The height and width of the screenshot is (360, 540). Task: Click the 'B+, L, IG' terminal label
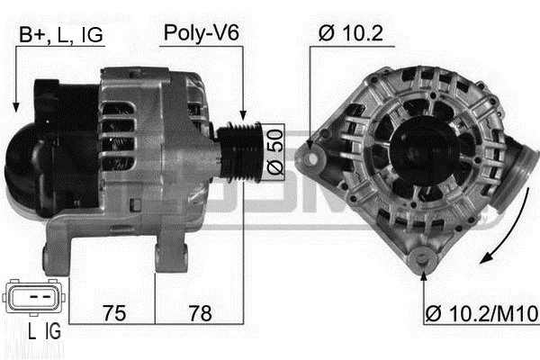(x=61, y=35)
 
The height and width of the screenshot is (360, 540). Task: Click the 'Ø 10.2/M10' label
(x=481, y=314)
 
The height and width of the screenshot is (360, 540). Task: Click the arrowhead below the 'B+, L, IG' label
(x=16, y=107)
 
